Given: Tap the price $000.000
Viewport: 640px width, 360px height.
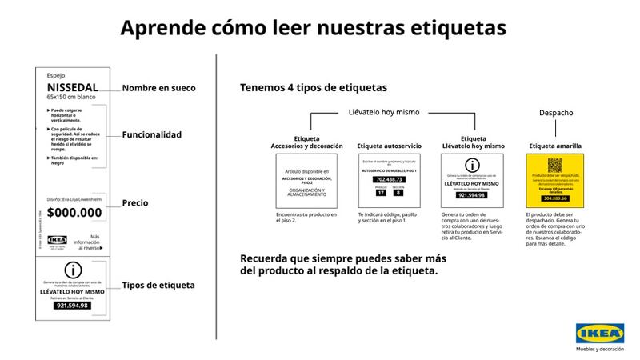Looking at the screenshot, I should pos(74,213).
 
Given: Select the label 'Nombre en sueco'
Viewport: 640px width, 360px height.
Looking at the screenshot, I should pos(158,87).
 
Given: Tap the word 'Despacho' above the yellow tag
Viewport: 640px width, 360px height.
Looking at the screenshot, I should pos(556,114).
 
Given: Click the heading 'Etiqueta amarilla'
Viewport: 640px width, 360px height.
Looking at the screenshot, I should pos(555,146).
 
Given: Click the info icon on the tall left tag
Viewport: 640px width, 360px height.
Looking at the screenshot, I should pos(74,270).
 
